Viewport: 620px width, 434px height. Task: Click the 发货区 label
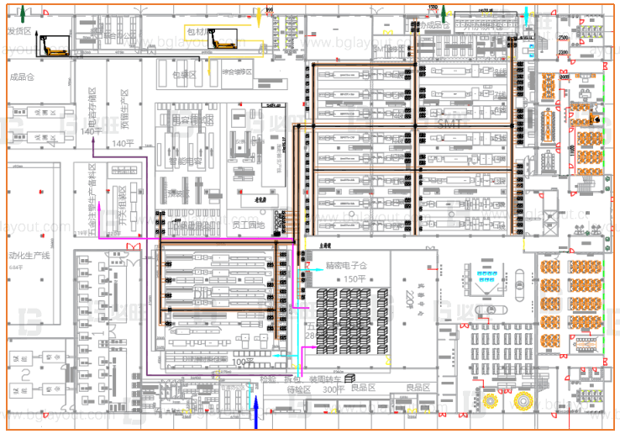[x=19, y=31]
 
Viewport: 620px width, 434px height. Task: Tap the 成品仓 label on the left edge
[x=23, y=77]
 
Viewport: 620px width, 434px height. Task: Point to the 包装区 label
[x=184, y=74]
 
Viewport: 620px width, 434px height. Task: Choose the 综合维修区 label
[x=237, y=73]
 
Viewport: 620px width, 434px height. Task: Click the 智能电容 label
[x=187, y=160]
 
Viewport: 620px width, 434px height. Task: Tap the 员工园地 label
[x=248, y=225]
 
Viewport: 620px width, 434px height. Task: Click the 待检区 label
[x=298, y=389]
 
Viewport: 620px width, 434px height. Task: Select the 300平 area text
[x=334, y=389]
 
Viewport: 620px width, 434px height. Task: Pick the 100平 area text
[x=244, y=363]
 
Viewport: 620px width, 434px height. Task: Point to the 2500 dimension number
[x=564, y=40]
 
